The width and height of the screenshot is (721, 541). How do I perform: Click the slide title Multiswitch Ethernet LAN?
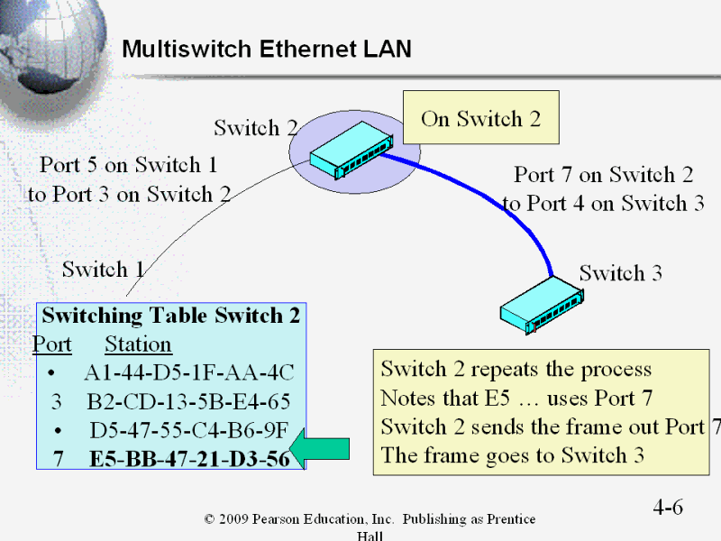point(266,49)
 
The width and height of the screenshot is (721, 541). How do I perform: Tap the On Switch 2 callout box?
point(480,119)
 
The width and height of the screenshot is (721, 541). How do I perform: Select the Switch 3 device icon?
point(541,304)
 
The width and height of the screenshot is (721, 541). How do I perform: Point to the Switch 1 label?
point(104,269)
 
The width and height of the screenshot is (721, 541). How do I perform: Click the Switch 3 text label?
point(620,272)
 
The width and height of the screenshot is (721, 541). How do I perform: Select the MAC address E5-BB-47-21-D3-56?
point(189,459)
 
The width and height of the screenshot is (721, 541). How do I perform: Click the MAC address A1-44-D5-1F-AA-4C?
point(189,373)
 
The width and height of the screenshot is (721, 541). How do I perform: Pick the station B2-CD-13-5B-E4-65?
point(189,402)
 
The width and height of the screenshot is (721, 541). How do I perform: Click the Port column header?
point(52,344)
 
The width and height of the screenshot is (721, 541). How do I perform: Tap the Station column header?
point(138,344)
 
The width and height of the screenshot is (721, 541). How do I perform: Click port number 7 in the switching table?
point(57,459)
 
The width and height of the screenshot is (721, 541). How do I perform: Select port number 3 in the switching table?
point(56,402)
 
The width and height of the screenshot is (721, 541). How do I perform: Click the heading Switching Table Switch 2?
point(171,316)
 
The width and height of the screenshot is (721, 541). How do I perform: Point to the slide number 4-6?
point(668,507)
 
